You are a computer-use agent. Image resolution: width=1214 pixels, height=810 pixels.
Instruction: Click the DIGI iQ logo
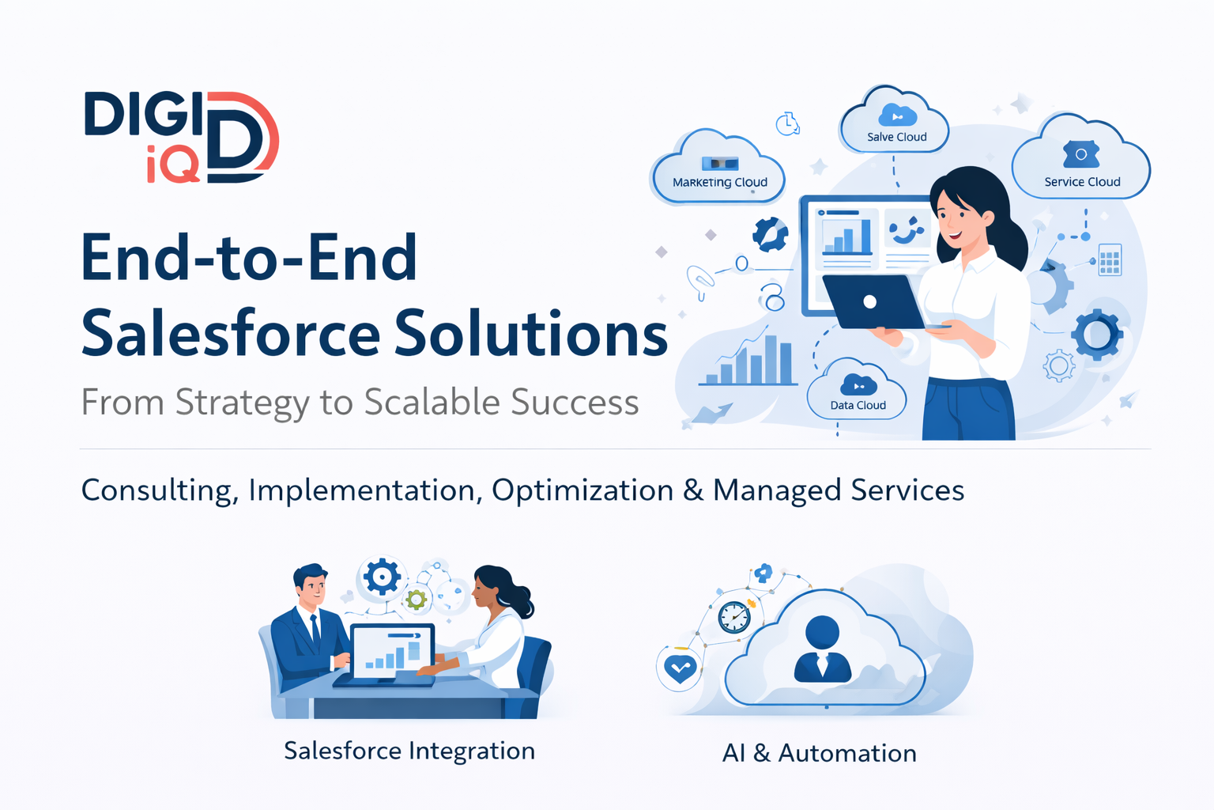click(x=181, y=137)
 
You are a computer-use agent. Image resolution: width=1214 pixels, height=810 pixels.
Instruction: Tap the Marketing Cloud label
click(x=719, y=182)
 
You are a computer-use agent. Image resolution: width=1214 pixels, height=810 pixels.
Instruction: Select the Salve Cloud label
click(x=896, y=137)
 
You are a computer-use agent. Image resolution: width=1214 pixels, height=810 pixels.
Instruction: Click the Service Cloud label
click(x=1082, y=182)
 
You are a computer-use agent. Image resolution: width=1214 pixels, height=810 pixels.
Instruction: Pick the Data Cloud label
click(x=858, y=405)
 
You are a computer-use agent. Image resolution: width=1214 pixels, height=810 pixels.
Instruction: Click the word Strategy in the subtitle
click(x=242, y=403)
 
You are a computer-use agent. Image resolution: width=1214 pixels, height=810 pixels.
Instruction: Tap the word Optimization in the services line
click(x=582, y=490)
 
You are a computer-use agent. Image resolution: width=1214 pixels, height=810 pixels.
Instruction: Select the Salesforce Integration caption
click(x=409, y=751)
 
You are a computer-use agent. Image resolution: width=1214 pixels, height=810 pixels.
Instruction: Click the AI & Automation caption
click(x=819, y=753)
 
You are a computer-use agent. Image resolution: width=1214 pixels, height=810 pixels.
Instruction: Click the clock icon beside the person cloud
click(x=734, y=617)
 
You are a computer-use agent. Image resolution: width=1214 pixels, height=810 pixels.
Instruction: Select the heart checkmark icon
click(x=680, y=669)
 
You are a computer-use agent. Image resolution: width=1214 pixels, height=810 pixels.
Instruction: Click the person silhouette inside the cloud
click(x=823, y=649)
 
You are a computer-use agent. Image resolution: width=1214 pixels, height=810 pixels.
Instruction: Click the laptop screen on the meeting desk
click(x=393, y=651)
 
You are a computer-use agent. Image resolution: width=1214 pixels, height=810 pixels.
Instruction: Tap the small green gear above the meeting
click(x=417, y=600)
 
